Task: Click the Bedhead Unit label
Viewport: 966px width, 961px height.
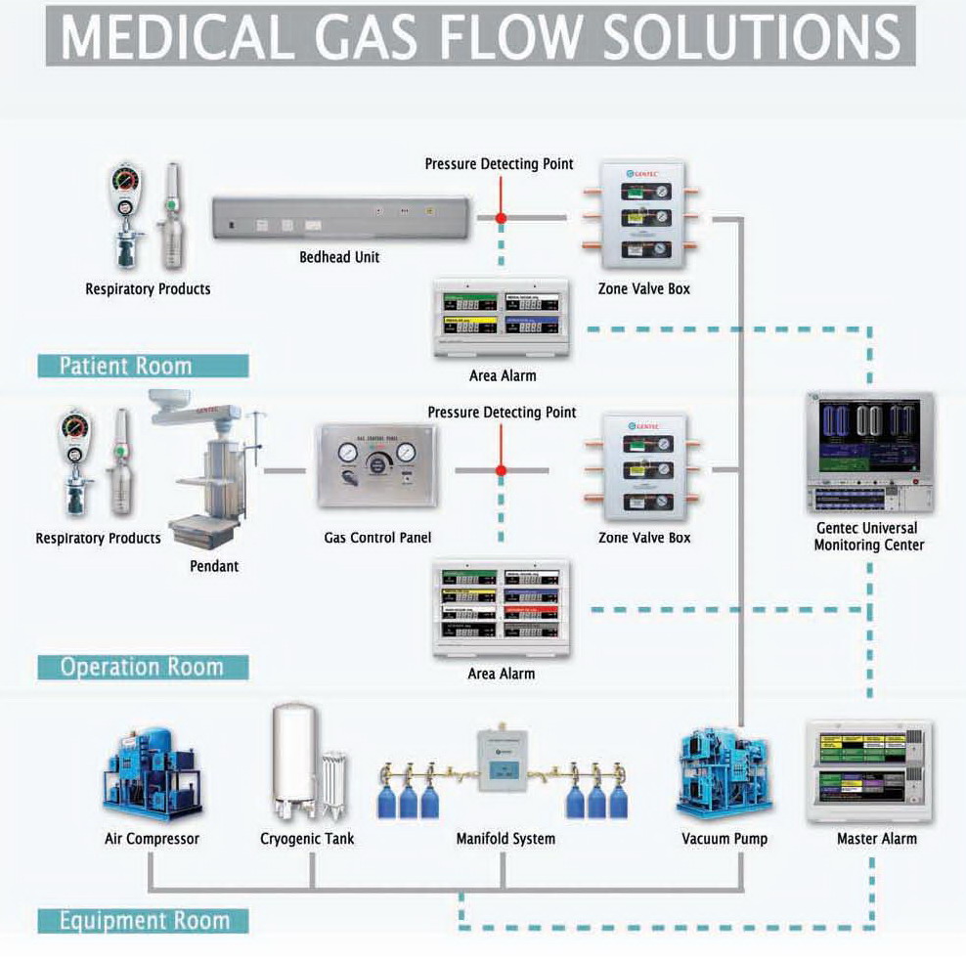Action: [339, 257]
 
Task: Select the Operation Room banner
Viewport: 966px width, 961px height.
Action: [143, 667]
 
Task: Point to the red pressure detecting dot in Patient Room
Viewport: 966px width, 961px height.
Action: [502, 218]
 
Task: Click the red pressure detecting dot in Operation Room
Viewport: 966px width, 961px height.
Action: [502, 470]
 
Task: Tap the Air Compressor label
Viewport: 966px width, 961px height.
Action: [152, 839]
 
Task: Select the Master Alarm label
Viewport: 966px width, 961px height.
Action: [877, 839]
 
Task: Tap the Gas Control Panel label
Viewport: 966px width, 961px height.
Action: [377, 538]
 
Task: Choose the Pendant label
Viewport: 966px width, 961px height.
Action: [214, 565]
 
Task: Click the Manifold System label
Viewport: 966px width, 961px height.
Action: [505, 839]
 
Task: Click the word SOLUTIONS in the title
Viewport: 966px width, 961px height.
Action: [750, 35]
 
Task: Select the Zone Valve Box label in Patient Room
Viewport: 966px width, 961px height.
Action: [644, 288]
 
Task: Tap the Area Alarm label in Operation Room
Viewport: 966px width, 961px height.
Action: [502, 674]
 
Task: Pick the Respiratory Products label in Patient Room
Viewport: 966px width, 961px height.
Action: [148, 288]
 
